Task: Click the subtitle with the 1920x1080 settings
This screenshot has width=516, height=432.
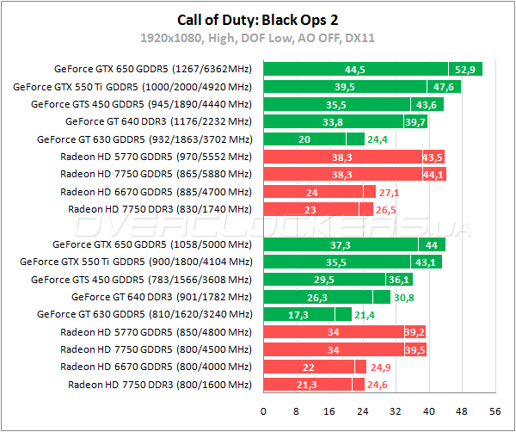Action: click(257, 38)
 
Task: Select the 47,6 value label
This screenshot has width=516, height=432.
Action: click(444, 87)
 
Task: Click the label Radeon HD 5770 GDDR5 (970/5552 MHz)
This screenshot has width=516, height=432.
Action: click(157, 157)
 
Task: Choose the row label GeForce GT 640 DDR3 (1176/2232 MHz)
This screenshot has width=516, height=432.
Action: click(158, 121)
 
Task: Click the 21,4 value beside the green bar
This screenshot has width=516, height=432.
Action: click(365, 315)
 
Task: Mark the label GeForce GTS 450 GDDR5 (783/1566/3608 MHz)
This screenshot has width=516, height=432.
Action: click(141, 280)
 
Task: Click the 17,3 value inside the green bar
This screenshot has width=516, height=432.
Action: click(298, 315)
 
